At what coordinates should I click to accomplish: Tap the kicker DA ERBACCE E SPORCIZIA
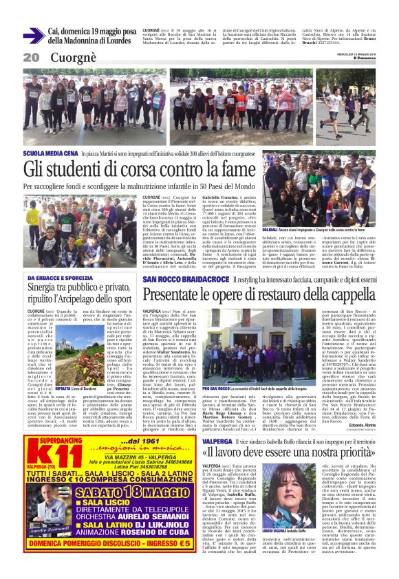59,278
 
